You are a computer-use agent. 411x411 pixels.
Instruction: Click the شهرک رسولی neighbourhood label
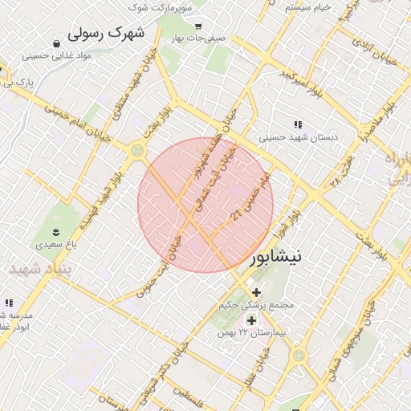coord(106,33)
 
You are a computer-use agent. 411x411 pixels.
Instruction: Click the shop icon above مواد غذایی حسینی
coord(57,43)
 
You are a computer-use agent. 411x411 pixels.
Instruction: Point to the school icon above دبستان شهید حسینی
coord(298,124)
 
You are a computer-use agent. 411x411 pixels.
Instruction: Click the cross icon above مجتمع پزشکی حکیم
coord(256,292)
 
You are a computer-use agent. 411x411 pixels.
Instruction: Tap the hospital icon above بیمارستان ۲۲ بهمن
coord(251,320)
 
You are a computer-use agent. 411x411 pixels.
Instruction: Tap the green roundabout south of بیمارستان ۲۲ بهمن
coord(299,355)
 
